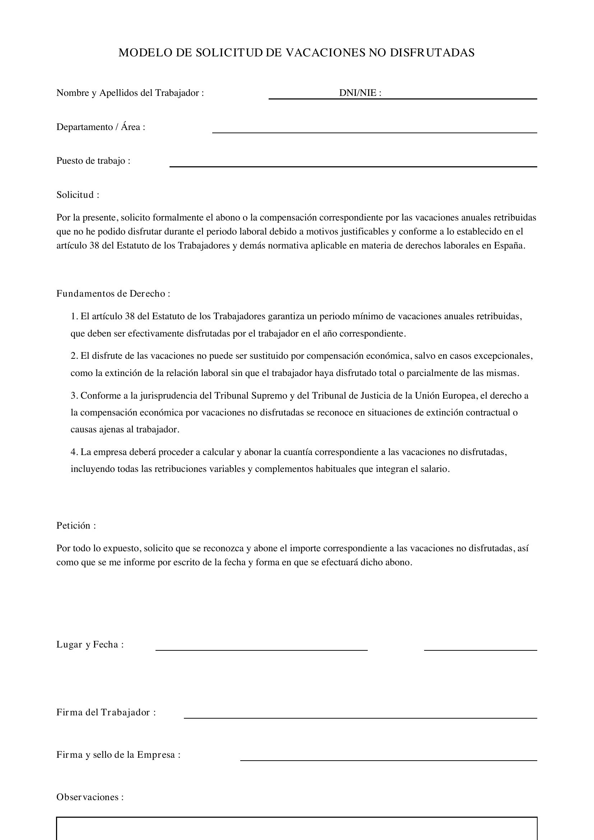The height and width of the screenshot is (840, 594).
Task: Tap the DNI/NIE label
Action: coord(360,93)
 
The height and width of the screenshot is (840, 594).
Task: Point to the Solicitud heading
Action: coord(78,195)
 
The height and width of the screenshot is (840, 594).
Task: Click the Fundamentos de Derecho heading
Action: coord(113,294)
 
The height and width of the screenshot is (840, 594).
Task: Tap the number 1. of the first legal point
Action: coord(74,316)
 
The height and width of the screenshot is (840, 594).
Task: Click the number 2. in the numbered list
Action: coord(74,356)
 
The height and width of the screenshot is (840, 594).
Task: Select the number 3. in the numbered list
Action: coord(74,396)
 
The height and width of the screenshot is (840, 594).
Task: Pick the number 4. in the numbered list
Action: coord(74,452)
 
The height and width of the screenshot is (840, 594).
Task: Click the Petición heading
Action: coord(76,526)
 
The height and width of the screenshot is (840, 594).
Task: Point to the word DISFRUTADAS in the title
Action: coord(432,53)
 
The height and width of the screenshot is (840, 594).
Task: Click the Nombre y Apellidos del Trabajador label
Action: coord(130,93)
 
